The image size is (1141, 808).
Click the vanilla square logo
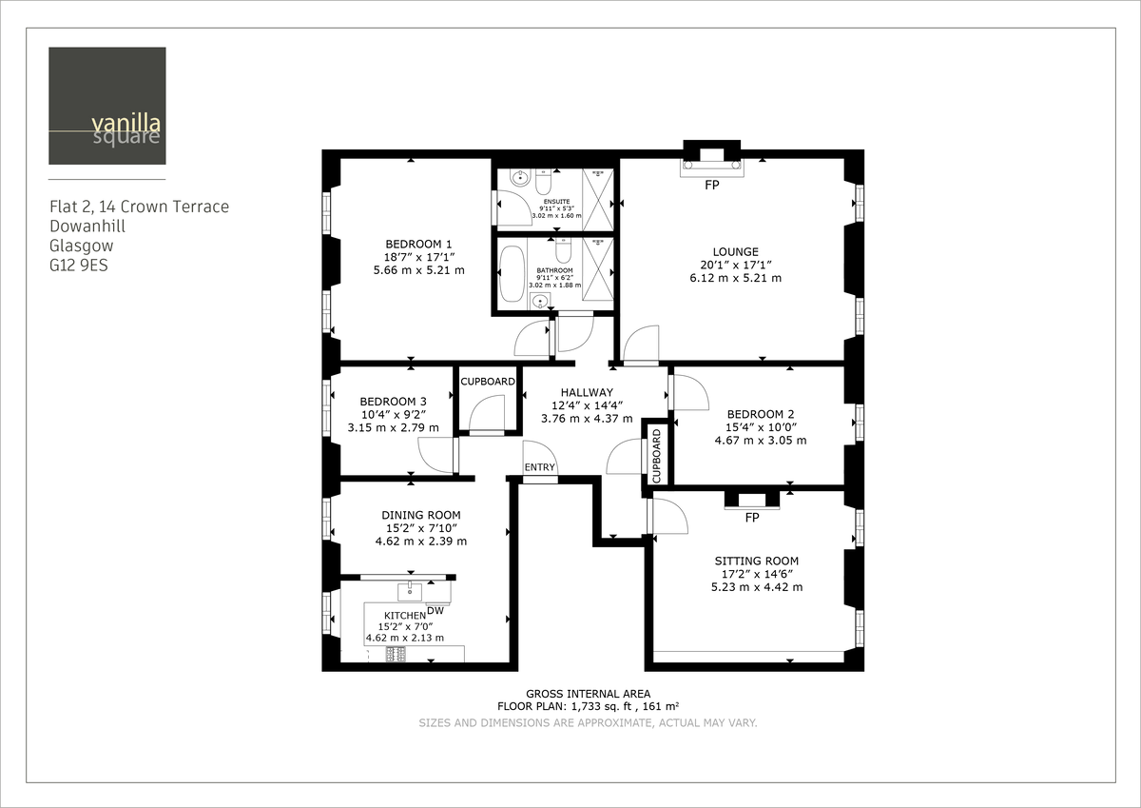pos(107,106)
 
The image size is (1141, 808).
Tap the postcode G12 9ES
pos(79,266)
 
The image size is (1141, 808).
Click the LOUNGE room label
pos(735,252)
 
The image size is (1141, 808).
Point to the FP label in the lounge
pos(712,186)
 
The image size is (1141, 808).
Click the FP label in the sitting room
pos(752,519)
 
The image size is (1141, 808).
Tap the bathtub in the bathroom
pos(512,274)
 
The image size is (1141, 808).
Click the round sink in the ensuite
pos(519,177)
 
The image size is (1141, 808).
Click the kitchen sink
pos(410,592)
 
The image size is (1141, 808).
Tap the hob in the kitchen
pos(396,654)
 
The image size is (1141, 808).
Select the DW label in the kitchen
pos(435,610)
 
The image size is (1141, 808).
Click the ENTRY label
pos(539,466)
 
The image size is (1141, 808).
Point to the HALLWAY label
pos(587,392)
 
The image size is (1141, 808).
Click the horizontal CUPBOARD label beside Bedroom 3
pos(488,382)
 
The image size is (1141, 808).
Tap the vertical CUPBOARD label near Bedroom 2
pos(656,456)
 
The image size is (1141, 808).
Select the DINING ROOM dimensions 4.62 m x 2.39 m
pos(421,542)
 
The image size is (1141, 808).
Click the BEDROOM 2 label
pos(760,414)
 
